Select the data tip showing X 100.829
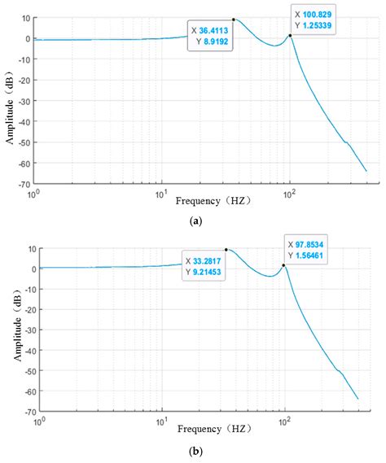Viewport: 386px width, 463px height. point(313,19)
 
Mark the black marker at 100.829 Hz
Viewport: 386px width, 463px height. point(290,35)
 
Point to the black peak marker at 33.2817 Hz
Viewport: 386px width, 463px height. point(226,250)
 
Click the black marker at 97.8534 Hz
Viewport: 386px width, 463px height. point(284,265)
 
